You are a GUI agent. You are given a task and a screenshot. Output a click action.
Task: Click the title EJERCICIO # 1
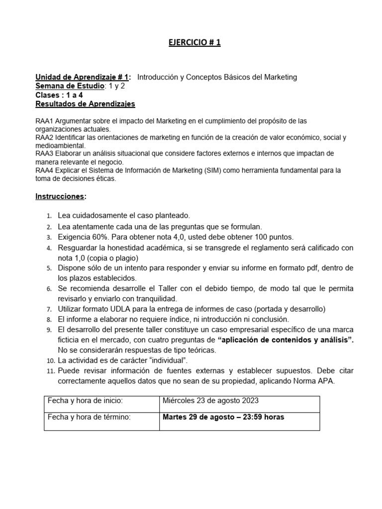(x=193, y=43)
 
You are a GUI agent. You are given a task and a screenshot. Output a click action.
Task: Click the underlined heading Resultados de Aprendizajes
(x=85, y=104)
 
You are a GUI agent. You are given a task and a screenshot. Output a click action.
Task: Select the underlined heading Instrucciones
(x=60, y=196)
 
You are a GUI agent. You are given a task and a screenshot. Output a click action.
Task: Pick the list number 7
(x=49, y=309)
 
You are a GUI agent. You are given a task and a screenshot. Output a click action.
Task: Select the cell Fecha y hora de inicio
(x=85, y=401)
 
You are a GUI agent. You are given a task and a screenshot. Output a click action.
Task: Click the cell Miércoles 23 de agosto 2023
(x=210, y=401)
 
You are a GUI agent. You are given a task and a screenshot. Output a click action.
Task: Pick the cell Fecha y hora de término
(x=89, y=417)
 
